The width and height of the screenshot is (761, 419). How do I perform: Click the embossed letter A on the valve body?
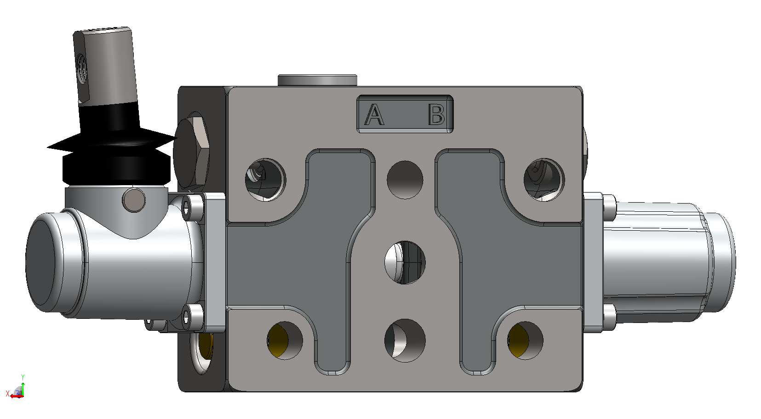pyautogui.click(x=374, y=114)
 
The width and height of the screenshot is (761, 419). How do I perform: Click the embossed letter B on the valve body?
pyautogui.click(x=436, y=114)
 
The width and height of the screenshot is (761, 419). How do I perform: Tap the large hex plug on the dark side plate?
pyautogui.click(x=191, y=153)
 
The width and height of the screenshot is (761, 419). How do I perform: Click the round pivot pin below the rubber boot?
pyautogui.click(x=134, y=200)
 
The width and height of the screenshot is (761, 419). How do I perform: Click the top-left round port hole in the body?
pyautogui.click(x=265, y=180)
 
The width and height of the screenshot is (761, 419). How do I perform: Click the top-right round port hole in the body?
pyautogui.click(x=544, y=180)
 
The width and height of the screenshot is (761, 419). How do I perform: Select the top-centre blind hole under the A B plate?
pyautogui.click(x=405, y=180)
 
